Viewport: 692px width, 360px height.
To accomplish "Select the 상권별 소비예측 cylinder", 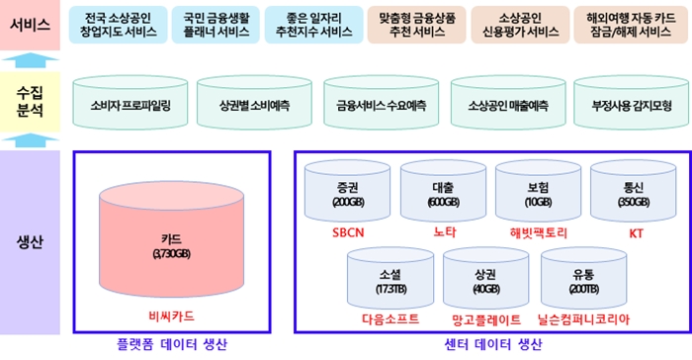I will pos(255,103).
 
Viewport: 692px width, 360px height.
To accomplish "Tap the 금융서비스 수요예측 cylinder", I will pos(381,103).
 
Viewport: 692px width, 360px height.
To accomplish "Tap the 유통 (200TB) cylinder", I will pos(584,280).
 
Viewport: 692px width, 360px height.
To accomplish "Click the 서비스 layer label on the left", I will pos(30,24).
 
